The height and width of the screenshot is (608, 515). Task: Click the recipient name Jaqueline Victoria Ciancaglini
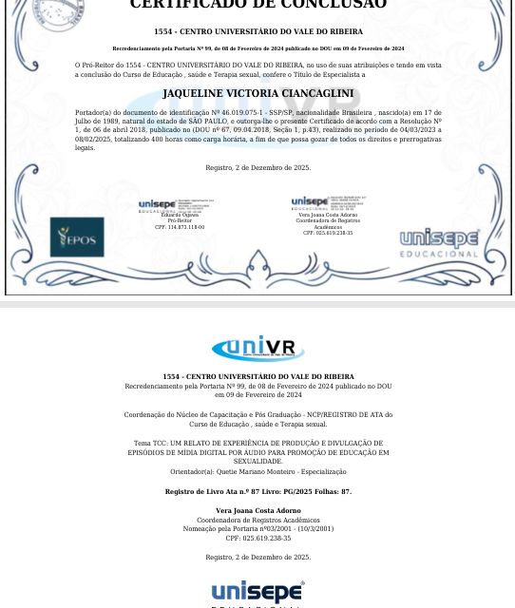(x=257, y=93)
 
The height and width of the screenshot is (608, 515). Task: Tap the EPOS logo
(x=77, y=237)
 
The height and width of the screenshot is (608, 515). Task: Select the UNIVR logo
(x=257, y=348)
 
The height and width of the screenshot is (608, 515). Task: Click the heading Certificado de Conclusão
(x=257, y=5)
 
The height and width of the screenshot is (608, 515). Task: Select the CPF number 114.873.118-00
(x=180, y=227)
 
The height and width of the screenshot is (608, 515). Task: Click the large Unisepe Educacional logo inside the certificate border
(x=439, y=243)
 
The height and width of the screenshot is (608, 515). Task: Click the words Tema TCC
(x=149, y=444)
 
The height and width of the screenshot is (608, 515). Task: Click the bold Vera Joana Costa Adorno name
(x=257, y=511)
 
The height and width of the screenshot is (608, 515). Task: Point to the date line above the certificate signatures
(x=257, y=167)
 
